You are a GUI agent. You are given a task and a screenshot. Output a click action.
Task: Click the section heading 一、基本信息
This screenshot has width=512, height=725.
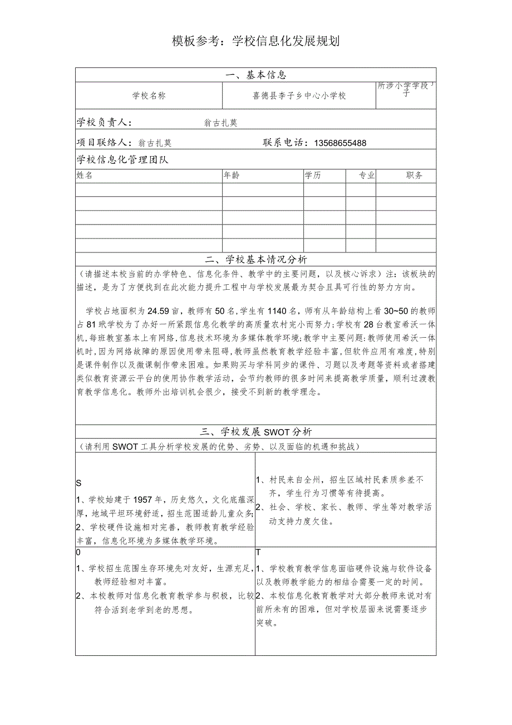tap(255, 75)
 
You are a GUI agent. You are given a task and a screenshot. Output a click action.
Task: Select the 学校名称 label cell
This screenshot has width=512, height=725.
tap(149, 95)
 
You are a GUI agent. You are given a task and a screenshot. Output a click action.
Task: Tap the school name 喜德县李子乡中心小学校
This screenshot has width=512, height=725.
tap(299, 95)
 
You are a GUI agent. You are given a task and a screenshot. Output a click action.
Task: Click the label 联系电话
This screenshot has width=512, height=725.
tap(285, 143)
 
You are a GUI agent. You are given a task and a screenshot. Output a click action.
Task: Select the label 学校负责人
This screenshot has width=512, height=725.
tap(104, 123)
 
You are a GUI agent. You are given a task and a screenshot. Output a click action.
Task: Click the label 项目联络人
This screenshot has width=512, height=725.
tap(104, 143)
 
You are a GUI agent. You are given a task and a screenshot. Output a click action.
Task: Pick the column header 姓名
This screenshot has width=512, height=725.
tap(85, 176)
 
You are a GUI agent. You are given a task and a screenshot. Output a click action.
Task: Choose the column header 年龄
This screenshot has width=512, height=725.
tap(232, 176)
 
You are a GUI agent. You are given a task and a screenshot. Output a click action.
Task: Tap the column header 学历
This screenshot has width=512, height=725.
tap(313, 176)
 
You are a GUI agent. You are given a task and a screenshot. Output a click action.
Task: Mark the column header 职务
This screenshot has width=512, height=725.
tap(414, 176)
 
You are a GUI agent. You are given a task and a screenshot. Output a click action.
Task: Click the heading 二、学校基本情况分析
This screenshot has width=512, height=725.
tap(255, 260)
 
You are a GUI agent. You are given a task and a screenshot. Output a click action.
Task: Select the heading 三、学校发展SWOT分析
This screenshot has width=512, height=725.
tap(255, 432)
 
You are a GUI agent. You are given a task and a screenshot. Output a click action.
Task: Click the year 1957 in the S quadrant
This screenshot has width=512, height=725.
tap(151, 499)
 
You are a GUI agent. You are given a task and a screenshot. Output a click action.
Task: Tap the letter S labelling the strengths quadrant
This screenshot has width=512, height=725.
tap(79, 483)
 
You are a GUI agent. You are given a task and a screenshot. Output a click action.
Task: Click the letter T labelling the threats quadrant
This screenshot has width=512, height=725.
tap(258, 552)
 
